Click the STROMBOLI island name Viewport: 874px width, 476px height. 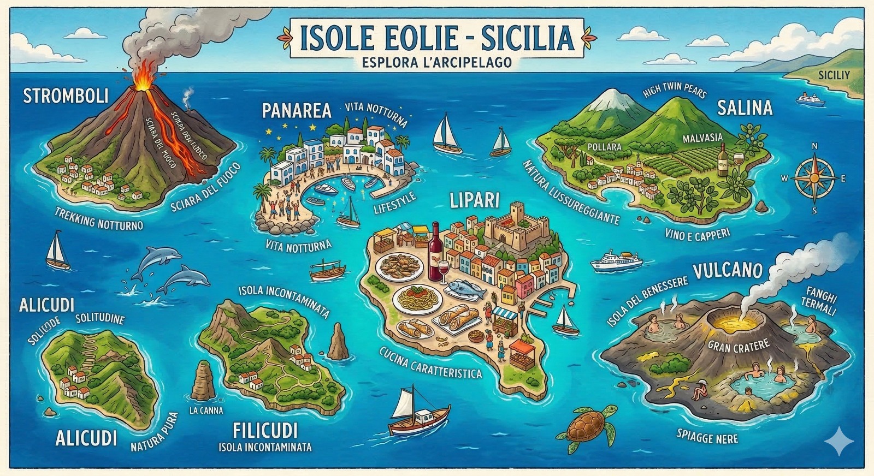point(66,97)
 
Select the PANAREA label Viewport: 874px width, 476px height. point(296,111)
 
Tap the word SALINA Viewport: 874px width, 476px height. point(745,108)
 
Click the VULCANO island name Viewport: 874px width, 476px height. point(728,270)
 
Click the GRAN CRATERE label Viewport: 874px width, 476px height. point(739,346)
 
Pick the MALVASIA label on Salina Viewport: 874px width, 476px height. point(702,138)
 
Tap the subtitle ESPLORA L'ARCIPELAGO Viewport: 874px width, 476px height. point(436,62)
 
